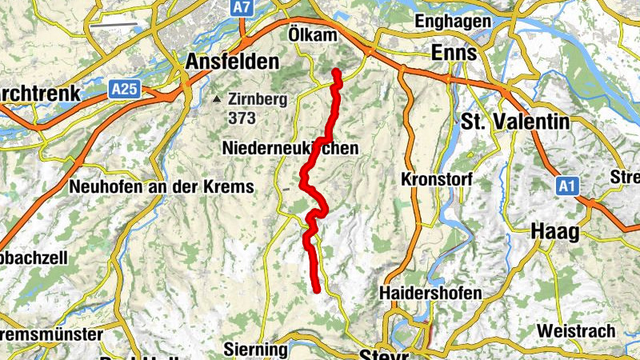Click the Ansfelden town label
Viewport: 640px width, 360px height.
(232, 62)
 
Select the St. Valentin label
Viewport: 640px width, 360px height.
(515, 122)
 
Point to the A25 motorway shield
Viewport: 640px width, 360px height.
(124, 90)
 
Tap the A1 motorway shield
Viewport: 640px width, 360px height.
(567, 186)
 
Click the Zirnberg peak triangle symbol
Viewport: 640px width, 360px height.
(217, 100)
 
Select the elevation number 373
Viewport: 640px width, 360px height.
(241, 118)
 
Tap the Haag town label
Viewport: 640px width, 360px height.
(554, 231)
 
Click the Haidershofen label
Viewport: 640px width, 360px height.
(431, 294)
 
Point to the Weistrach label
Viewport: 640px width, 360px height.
(576, 330)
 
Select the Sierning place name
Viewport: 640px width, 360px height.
(256, 350)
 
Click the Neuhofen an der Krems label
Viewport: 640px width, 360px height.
(162, 186)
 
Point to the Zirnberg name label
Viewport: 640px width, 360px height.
(255, 100)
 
